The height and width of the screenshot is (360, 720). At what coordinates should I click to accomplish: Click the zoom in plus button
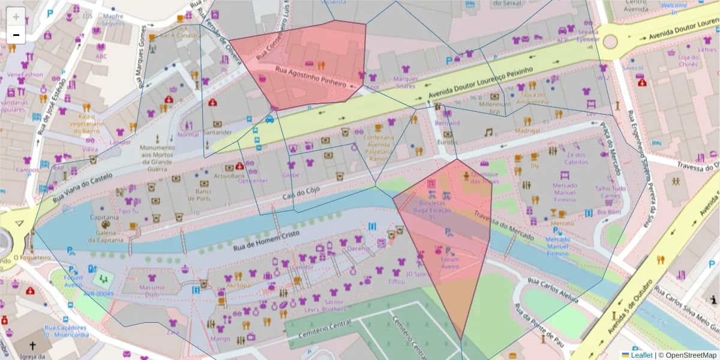click(x=16, y=17)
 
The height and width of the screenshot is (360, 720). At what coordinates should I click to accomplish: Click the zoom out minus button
click(x=16, y=35)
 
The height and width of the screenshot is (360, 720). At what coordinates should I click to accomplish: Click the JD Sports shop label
click(x=419, y=274)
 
